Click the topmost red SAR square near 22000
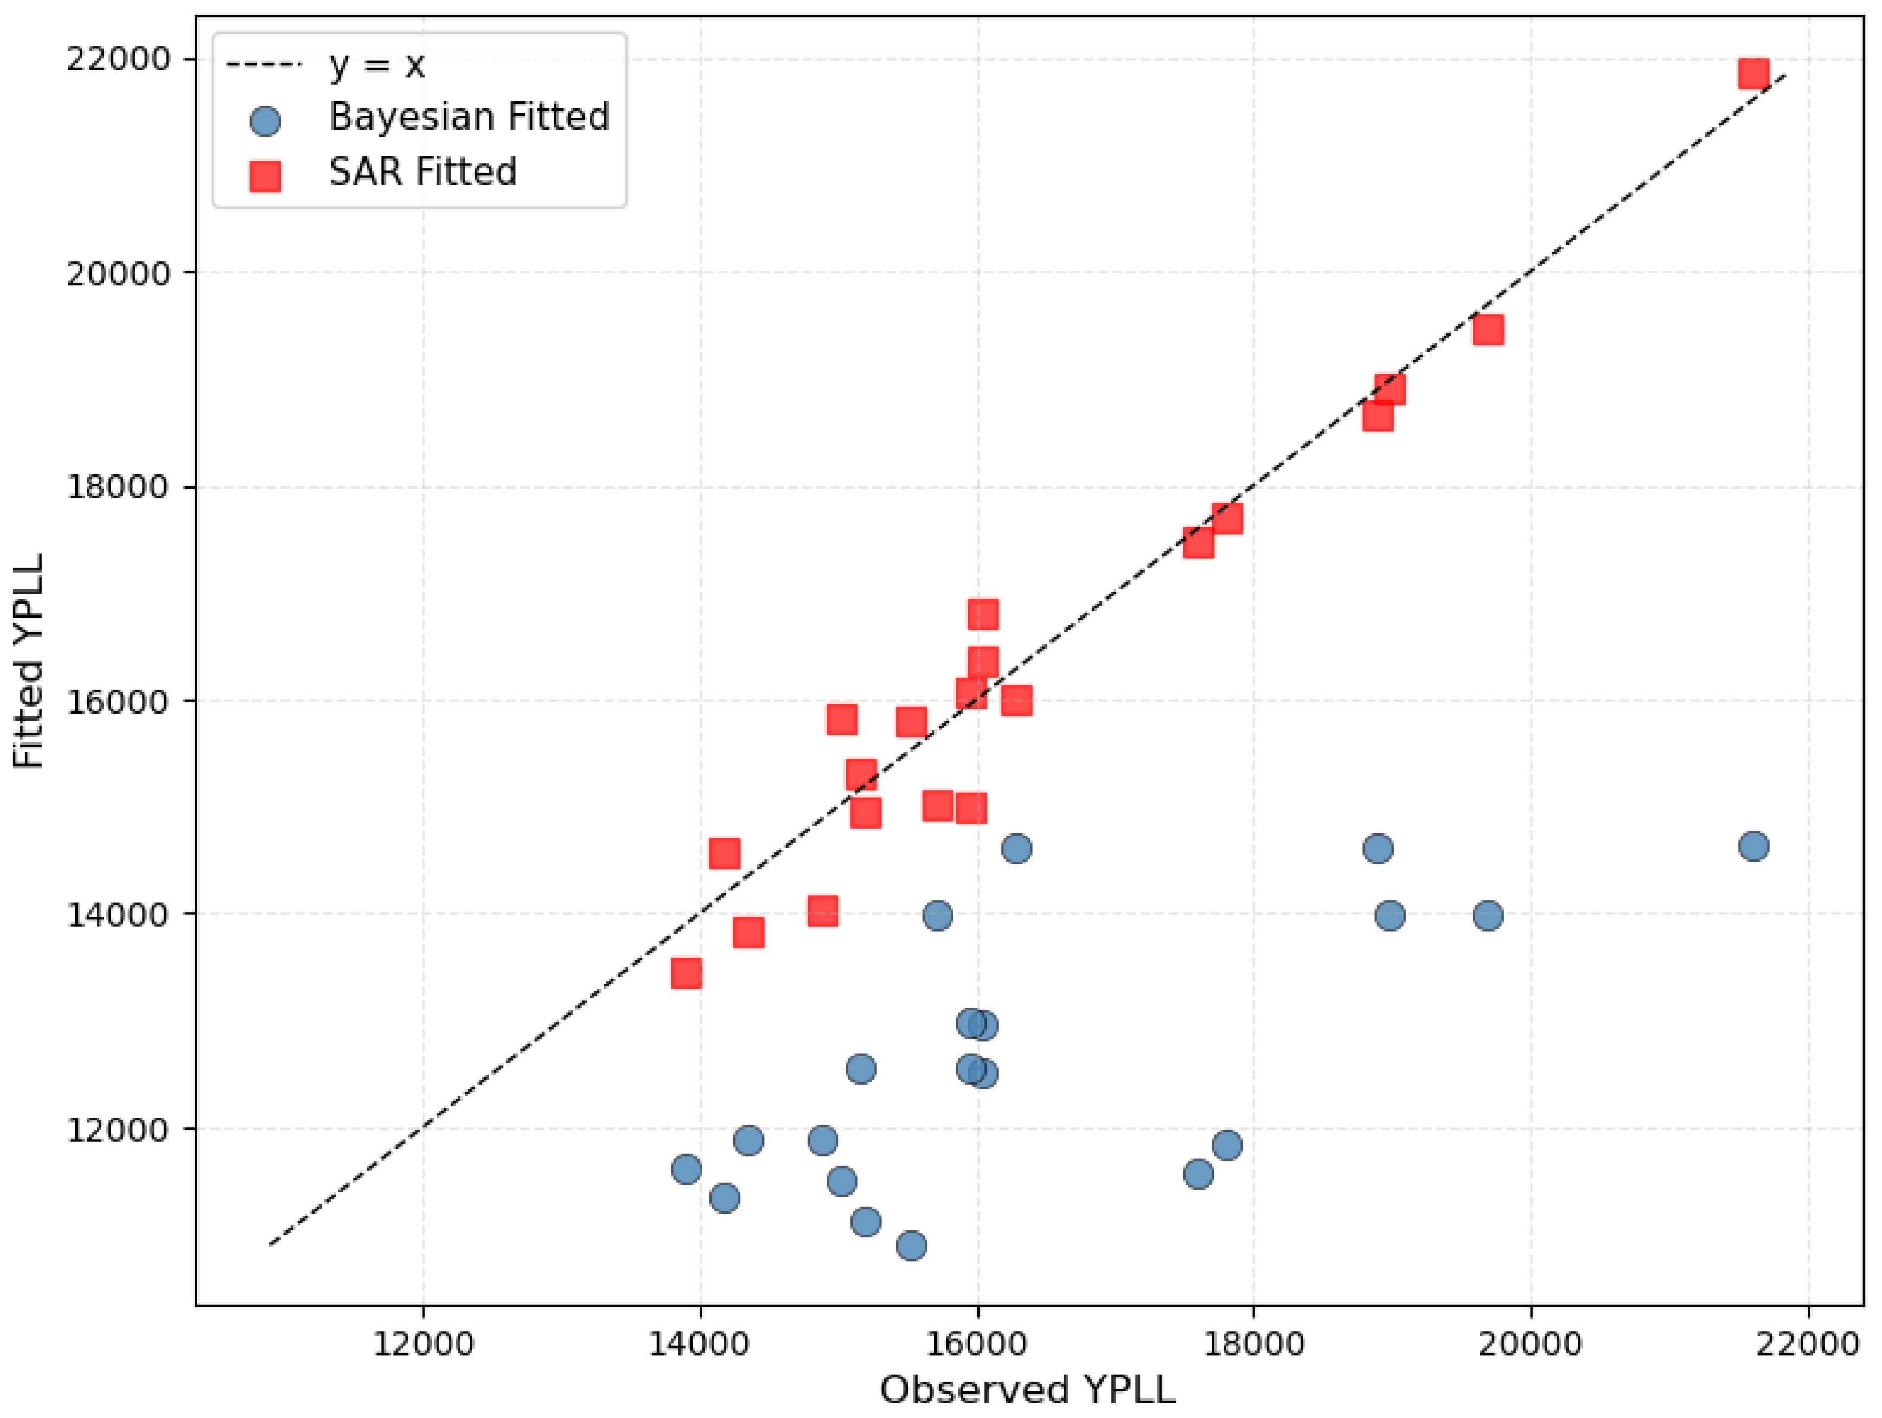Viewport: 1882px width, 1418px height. [1753, 74]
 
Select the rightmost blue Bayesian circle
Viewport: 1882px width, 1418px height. [1753, 845]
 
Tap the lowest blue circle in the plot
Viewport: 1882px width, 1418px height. [911, 1246]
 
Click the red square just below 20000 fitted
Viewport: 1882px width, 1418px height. [1487, 329]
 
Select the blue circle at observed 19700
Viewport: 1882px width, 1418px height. [1487, 915]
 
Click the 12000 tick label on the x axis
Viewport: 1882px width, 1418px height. [423, 1344]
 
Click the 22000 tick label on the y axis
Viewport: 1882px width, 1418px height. [117, 60]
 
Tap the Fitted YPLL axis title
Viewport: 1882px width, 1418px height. [29, 661]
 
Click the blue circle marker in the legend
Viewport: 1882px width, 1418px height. [265, 121]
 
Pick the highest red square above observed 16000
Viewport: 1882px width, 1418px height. [983, 613]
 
